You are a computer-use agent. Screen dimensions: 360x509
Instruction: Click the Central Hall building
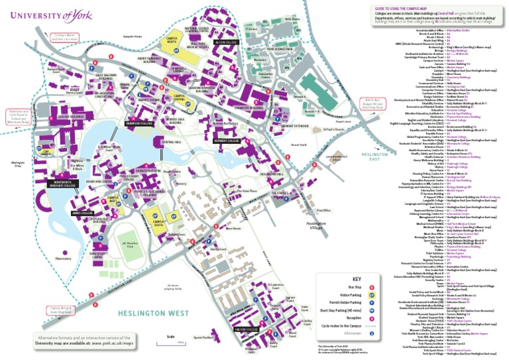point(170,142)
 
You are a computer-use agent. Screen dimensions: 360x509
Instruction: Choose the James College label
point(85,212)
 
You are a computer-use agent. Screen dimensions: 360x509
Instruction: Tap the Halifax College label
point(245,328)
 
